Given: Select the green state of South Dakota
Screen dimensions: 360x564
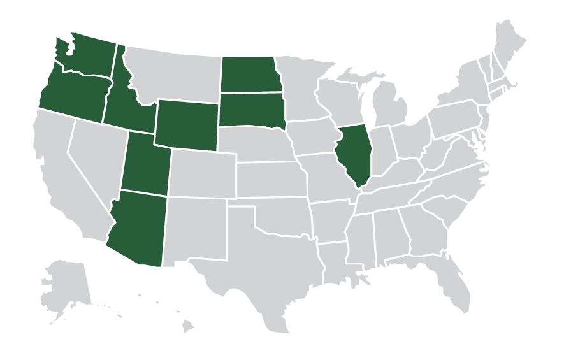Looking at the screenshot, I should [247, 108].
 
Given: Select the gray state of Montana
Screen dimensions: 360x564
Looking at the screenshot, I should [172, 73].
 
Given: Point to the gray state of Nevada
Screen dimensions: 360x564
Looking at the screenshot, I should [96, 156].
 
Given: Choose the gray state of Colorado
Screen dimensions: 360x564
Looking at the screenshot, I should [202, 172].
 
